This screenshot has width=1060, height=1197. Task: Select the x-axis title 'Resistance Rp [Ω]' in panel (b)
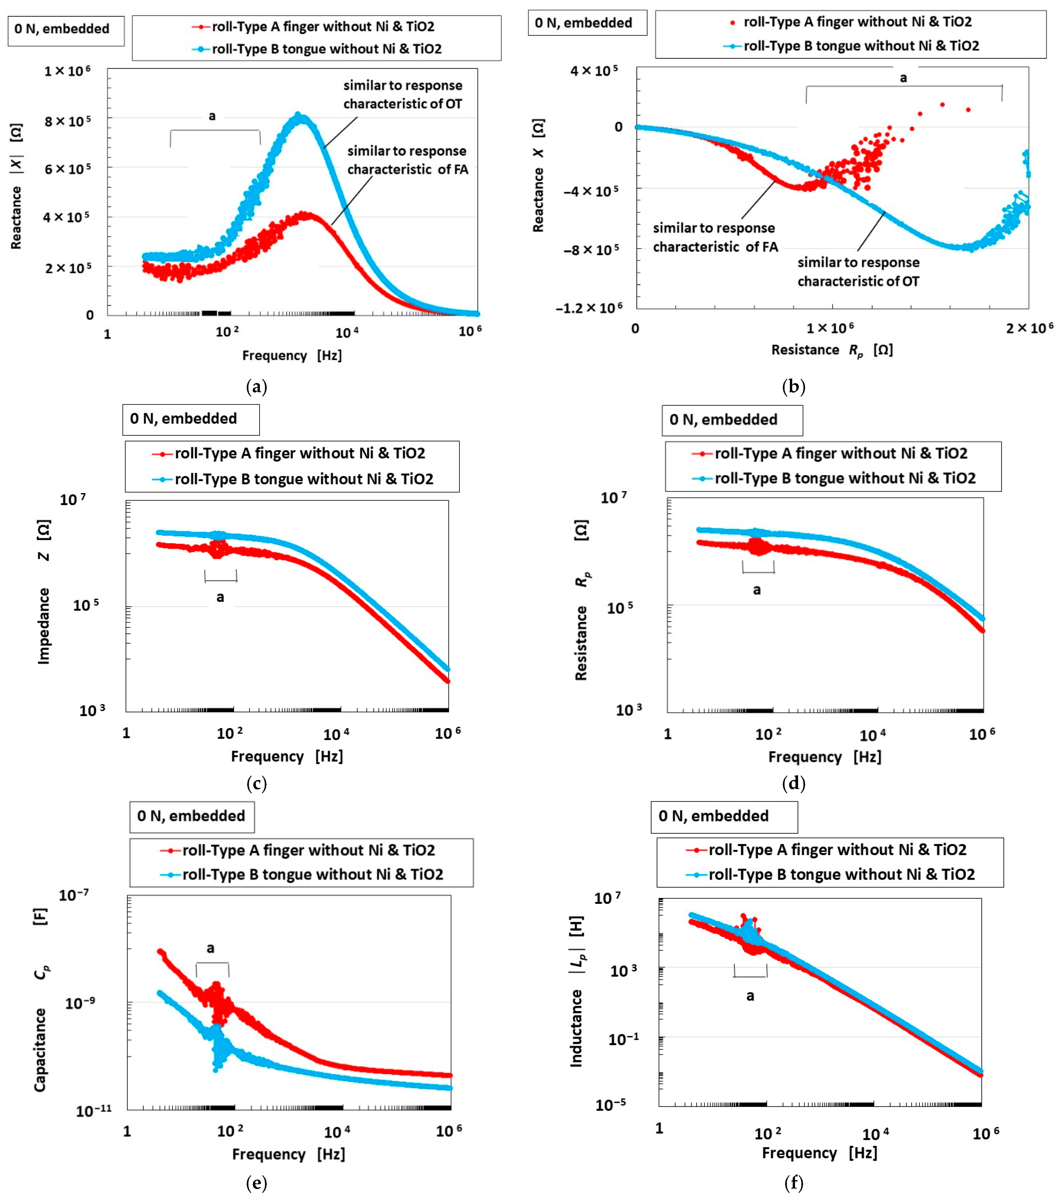click(831, 350)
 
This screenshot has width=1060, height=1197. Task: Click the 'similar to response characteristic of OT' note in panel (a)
click(403, 94)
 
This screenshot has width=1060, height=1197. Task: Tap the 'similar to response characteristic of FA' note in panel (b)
click(715, 237)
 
